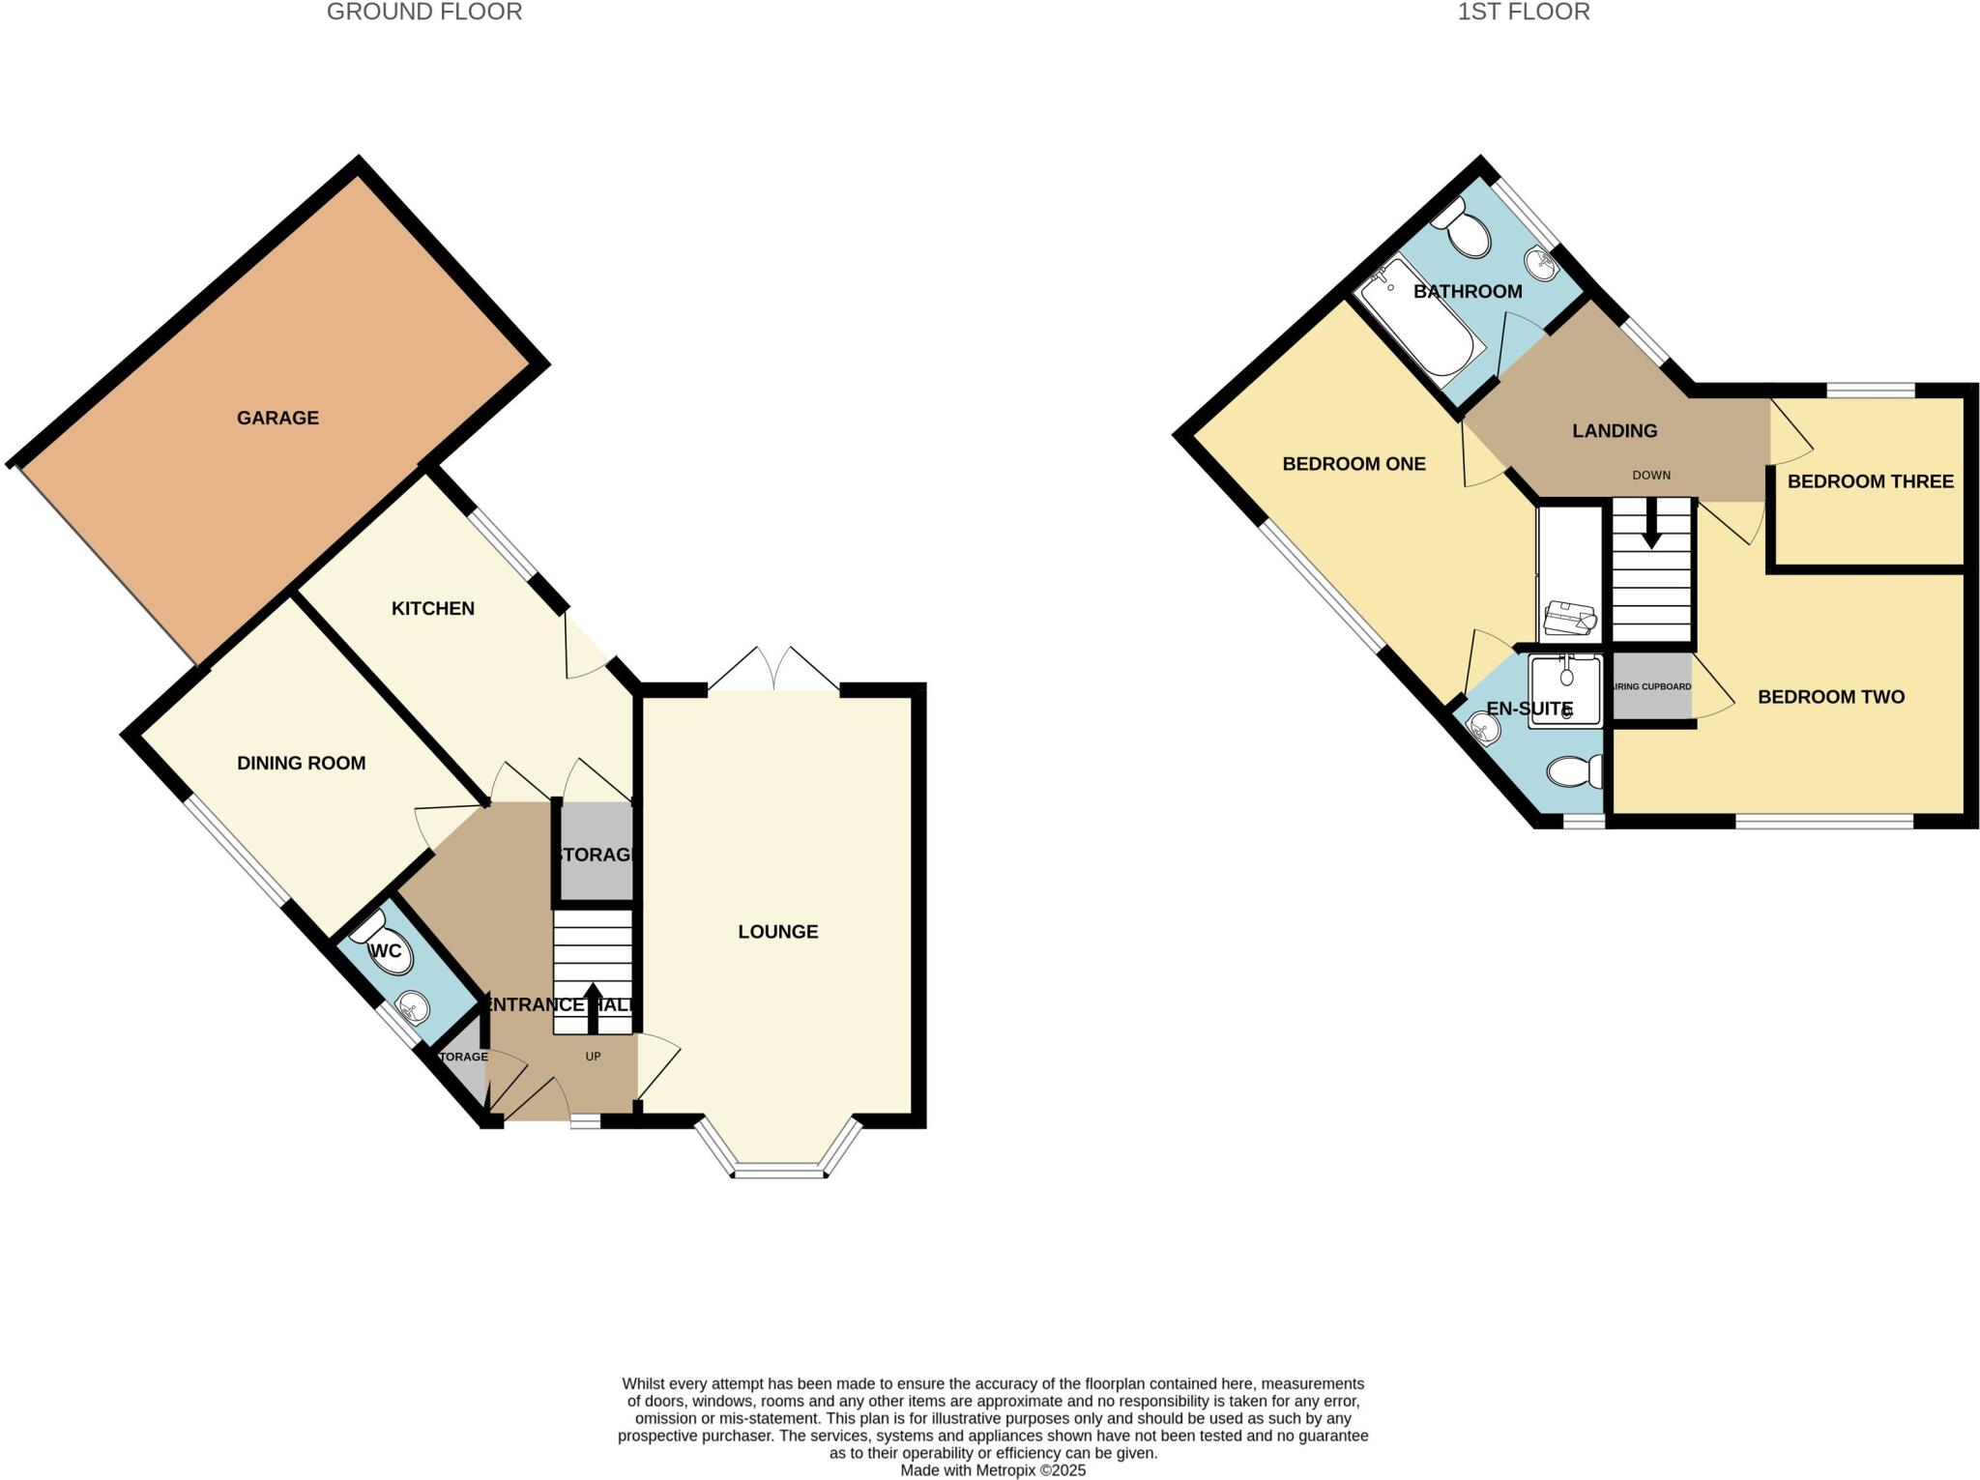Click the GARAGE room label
[x=277, y=418]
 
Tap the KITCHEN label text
[x=432, y=608]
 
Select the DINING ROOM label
[x=301, y=763]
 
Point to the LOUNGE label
[x=777, y=931]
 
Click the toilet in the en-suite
[x=1574, y=771]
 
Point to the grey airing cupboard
[x=1652, y=687]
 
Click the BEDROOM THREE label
[x=1870, y=480]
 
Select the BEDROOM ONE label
[x=1353, y=463]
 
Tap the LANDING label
[x=1614, y=430]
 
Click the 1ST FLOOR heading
[x=1523, y=12]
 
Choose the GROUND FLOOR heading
[x=423, y=12]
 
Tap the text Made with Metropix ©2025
[x=993, y=1470]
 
